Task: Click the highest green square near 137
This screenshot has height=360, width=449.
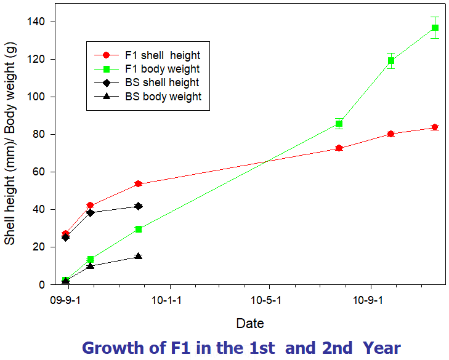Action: [x=435, y=28]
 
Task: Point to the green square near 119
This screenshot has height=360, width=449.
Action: [x=390, y=61]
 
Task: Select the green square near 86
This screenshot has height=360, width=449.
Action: [x=339, y=124]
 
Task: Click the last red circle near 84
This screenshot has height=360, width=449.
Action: [x=435, y=127]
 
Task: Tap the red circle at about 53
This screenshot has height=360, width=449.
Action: [x=139, y=184]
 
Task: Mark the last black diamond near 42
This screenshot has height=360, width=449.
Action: [x=139, y=206]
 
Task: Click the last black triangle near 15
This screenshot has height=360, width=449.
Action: [x=139, y=256]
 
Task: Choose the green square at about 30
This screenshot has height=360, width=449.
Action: [x=139, y=229]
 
